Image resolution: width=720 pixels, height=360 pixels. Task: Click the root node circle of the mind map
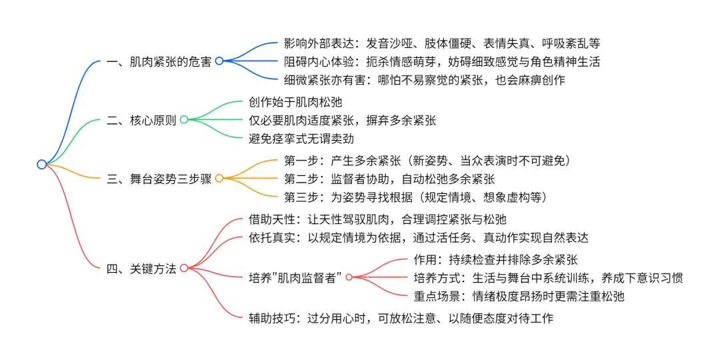point(41,164)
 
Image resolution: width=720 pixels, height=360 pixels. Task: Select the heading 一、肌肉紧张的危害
point(159,61)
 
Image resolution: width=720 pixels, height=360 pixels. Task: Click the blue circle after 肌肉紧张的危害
point(219,61)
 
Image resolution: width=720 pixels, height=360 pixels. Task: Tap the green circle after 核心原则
point(184,119)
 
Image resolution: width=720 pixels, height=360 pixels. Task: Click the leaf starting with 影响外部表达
point(441,44)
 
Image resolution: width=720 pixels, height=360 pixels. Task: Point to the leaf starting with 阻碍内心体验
point(441,61)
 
